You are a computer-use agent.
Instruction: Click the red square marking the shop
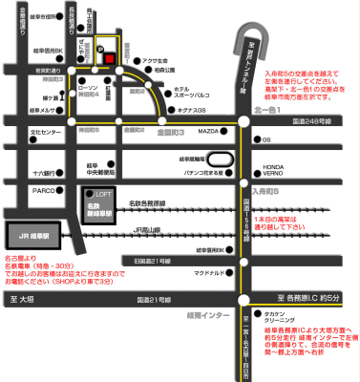click(x=111, y=57)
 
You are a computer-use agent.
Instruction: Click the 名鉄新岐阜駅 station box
click(x=95, y=208)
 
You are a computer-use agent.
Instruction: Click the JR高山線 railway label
click(x=148, y=230)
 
